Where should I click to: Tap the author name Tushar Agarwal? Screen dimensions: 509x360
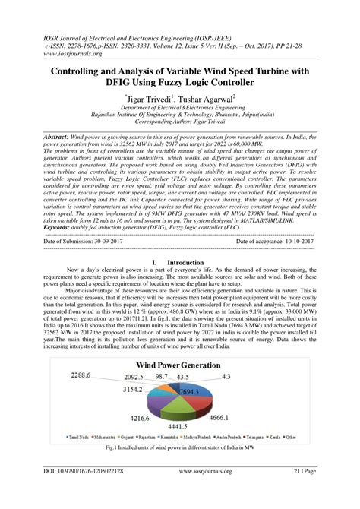pyautogui.click(x=206, y=99)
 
